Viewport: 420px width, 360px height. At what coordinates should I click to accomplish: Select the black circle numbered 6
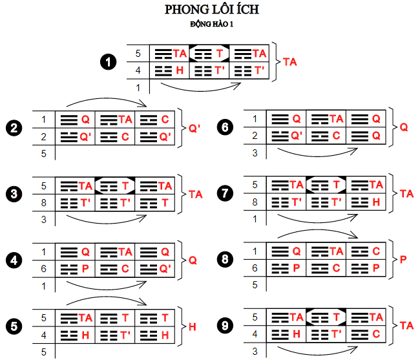(x=226, y=127)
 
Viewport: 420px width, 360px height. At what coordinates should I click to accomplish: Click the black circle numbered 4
(x=12, y=260)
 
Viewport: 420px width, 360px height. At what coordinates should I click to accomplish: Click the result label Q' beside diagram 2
(x=194, y=127)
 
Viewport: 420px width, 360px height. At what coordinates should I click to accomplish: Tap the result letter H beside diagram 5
(x=192, y=326)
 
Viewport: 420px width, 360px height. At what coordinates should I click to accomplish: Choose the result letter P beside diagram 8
(x=403, y=260)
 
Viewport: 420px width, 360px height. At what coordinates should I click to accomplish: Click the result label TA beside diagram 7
(x=407, y=193)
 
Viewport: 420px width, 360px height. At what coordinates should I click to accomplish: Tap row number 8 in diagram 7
(x=254, y=202)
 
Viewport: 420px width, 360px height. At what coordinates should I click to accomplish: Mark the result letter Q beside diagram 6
(x=404, y=127)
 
